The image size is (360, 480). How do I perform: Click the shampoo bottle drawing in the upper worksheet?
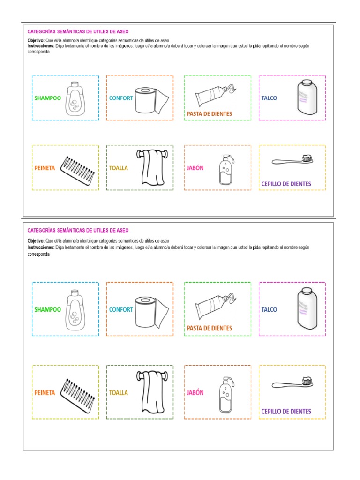[x=74, y=98]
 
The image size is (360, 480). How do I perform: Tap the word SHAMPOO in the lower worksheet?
[x=47, y=309]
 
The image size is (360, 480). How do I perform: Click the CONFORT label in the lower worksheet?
[x=121, y=309]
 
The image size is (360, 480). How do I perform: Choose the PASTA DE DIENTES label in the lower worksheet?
[x=210, y=328]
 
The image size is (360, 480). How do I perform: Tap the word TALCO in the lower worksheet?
[x=269, y=309]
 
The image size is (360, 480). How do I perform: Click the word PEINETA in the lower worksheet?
[x=45, y=393]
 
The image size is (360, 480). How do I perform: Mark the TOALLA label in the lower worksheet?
[x=119, y=393]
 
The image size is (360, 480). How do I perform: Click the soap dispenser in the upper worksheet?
[x=224, y=169]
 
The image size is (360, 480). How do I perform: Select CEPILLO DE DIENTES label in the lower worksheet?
[x=286, y=412]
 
